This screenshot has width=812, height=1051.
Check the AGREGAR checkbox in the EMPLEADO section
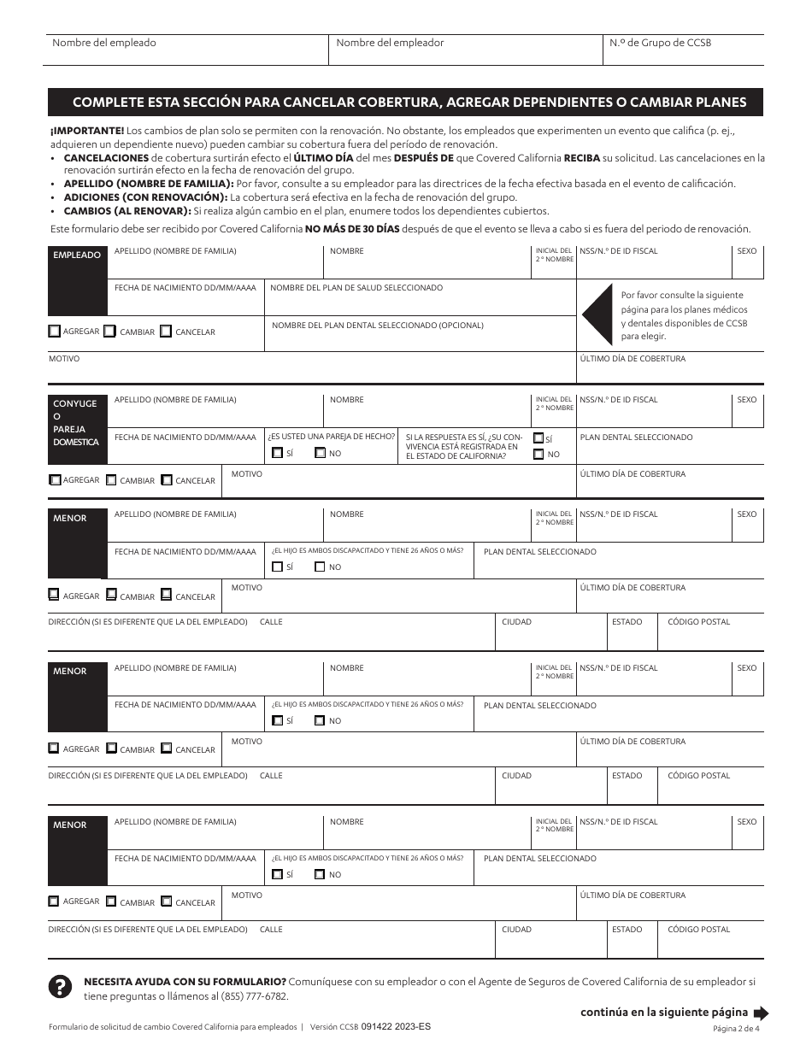55,332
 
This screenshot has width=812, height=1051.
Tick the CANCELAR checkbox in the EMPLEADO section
166,332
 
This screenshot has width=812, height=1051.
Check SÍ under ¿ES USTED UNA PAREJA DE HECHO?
277,453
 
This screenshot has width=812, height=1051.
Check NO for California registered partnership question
538,454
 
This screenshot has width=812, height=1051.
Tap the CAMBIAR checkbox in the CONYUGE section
110,480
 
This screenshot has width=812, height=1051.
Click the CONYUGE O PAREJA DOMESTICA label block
77,422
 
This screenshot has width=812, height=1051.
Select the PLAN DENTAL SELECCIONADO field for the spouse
670,449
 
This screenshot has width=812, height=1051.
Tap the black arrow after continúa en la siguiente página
761,1013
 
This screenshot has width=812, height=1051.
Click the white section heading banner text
409,103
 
